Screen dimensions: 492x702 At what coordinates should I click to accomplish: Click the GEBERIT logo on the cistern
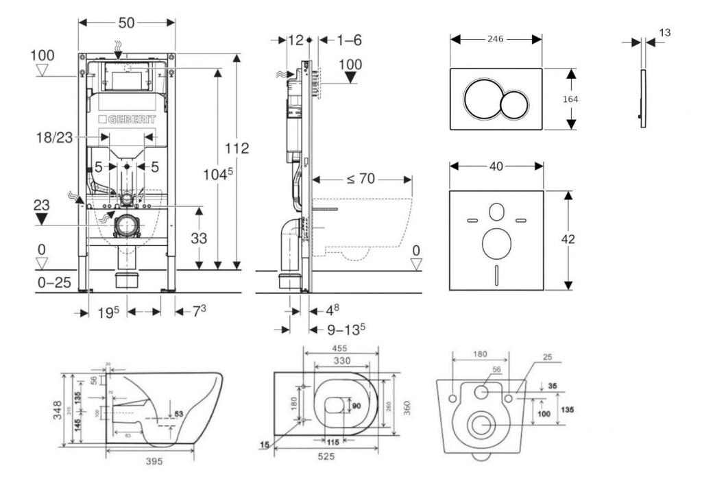click(128, 119)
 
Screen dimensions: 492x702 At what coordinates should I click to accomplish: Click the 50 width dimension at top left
click(126, 23)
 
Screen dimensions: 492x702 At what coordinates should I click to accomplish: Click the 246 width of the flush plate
click(495, 39)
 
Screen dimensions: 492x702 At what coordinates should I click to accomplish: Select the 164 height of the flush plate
click(570, 99)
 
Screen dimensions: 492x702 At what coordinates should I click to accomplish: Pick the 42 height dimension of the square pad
click(568, 239)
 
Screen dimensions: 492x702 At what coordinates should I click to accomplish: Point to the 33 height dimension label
click(197, 237)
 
